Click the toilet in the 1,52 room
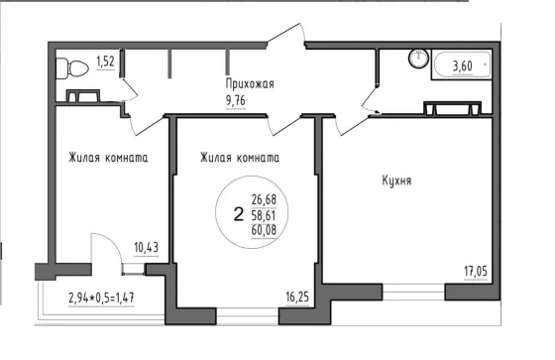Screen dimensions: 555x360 pyautogui.click(x=72, y=68)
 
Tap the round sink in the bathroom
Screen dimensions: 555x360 pyautogui.click(x=418, y=59)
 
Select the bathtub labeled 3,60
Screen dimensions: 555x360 pyautogui.click(x=462, y=65)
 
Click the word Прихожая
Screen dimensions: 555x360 pyautogui.click(x=250, y=84)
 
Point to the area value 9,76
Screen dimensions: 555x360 pyautogui.click(x=236, y=101)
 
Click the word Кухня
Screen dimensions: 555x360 pyautogui.click(x=396, y=180)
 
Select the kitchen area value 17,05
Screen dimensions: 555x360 pyautogui.click(x=476, y=272)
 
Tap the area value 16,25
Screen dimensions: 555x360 pyautogui.click(x=297, y=297)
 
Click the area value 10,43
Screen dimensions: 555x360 pyautogui.click(x=146, y=247)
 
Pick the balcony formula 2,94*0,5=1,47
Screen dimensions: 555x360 pyautogui.click(x=101, y=298)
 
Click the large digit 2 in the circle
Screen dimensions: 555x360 pyautogui.click(x=239, y=214)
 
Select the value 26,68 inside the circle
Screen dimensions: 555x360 pyautogui.click(x=264, y=199)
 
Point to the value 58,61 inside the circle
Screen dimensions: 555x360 pyautogui.click(x=264, y=215)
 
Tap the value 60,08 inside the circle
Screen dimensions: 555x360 pyautogui.click(x=264, y=230)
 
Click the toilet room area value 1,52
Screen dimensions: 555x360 pyautogui.click(x=105, y=62)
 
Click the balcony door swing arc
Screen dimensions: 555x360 pyautogui.click(x=113, y=242)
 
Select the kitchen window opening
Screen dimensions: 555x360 pyautogui.click(x=413, y=292)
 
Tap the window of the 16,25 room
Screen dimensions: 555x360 pyautogui.click(x=247, y=316)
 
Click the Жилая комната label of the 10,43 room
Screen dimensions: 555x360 pyautogui.click(x=108, y=158)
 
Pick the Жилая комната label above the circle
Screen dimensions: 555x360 pyautogui.click(x=240, y=158)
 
